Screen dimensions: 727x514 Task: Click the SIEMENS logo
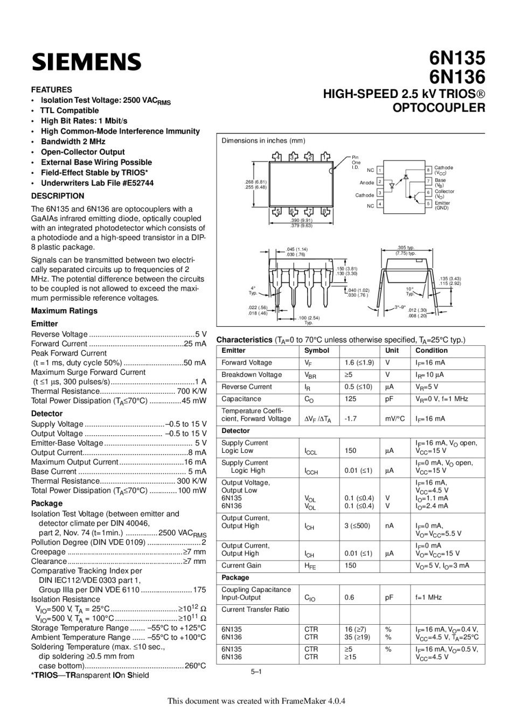point(86,62)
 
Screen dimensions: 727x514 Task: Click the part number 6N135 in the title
point(457,58)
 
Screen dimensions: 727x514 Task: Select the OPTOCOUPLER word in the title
point(439,107)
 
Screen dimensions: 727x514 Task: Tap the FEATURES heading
point(51,89)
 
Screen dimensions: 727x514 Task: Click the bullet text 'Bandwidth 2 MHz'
point(73,142)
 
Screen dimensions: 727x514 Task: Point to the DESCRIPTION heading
point(58,196)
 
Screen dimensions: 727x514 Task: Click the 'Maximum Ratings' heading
point(64,311)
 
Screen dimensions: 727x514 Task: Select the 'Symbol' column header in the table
point(317,351)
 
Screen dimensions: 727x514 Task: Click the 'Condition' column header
point(431,351)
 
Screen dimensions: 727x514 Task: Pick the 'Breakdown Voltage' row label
point(252,375)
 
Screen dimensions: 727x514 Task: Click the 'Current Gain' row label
point(241,565)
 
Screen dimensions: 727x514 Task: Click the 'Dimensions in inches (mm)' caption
point(263,141)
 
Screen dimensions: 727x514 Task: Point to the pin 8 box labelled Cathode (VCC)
point(428,170)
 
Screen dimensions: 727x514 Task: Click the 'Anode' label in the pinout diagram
point(367,183)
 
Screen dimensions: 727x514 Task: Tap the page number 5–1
point(256,672)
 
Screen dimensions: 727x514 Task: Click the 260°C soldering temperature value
point(195,666)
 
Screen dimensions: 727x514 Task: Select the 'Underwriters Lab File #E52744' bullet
point(97,183)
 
